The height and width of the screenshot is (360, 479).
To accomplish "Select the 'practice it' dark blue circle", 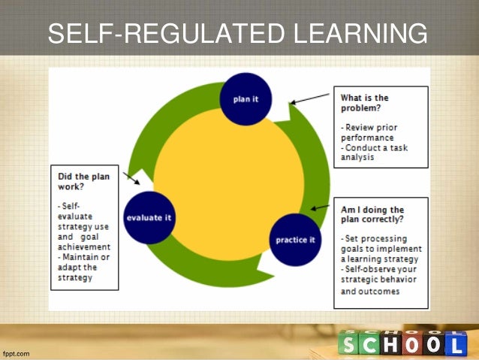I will (295, 240).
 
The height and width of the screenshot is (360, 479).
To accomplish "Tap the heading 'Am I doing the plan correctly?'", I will (372, 215).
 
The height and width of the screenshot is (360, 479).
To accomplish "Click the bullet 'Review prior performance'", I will (367, 132).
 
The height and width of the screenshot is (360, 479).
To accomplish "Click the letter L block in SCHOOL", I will (455, 345).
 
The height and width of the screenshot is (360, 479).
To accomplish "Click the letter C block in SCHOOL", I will (371, 345).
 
